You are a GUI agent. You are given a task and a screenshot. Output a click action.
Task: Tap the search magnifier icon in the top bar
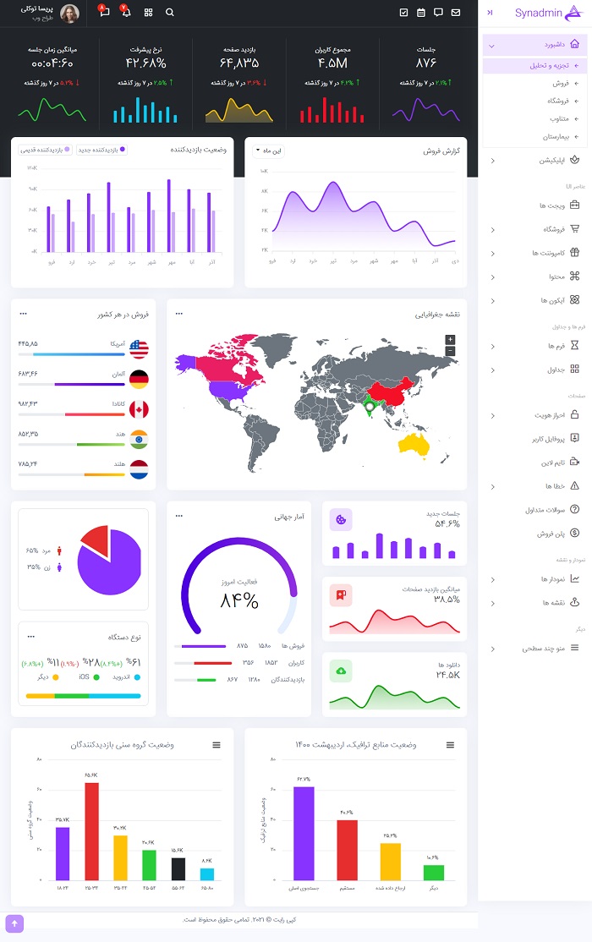170,13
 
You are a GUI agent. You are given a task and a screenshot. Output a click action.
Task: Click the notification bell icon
127,13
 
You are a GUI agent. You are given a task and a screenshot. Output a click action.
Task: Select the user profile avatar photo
70,13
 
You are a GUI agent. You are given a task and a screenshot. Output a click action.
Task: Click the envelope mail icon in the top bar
456,13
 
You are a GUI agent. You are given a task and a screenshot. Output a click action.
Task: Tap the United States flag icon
139,348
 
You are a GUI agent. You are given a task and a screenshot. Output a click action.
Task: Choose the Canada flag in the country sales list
139,409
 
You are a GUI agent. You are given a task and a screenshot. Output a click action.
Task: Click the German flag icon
139,379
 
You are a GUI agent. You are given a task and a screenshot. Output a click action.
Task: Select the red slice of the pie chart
96,539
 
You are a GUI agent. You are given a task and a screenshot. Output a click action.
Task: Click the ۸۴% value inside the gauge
239,600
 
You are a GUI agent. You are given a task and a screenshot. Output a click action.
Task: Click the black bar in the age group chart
178,868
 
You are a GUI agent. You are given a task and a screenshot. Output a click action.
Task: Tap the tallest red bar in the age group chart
91,830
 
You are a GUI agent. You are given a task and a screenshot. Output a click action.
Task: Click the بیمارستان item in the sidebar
556,135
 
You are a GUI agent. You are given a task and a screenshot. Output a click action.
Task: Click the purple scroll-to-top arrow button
14,923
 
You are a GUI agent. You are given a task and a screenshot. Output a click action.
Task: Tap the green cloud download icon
341,671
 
